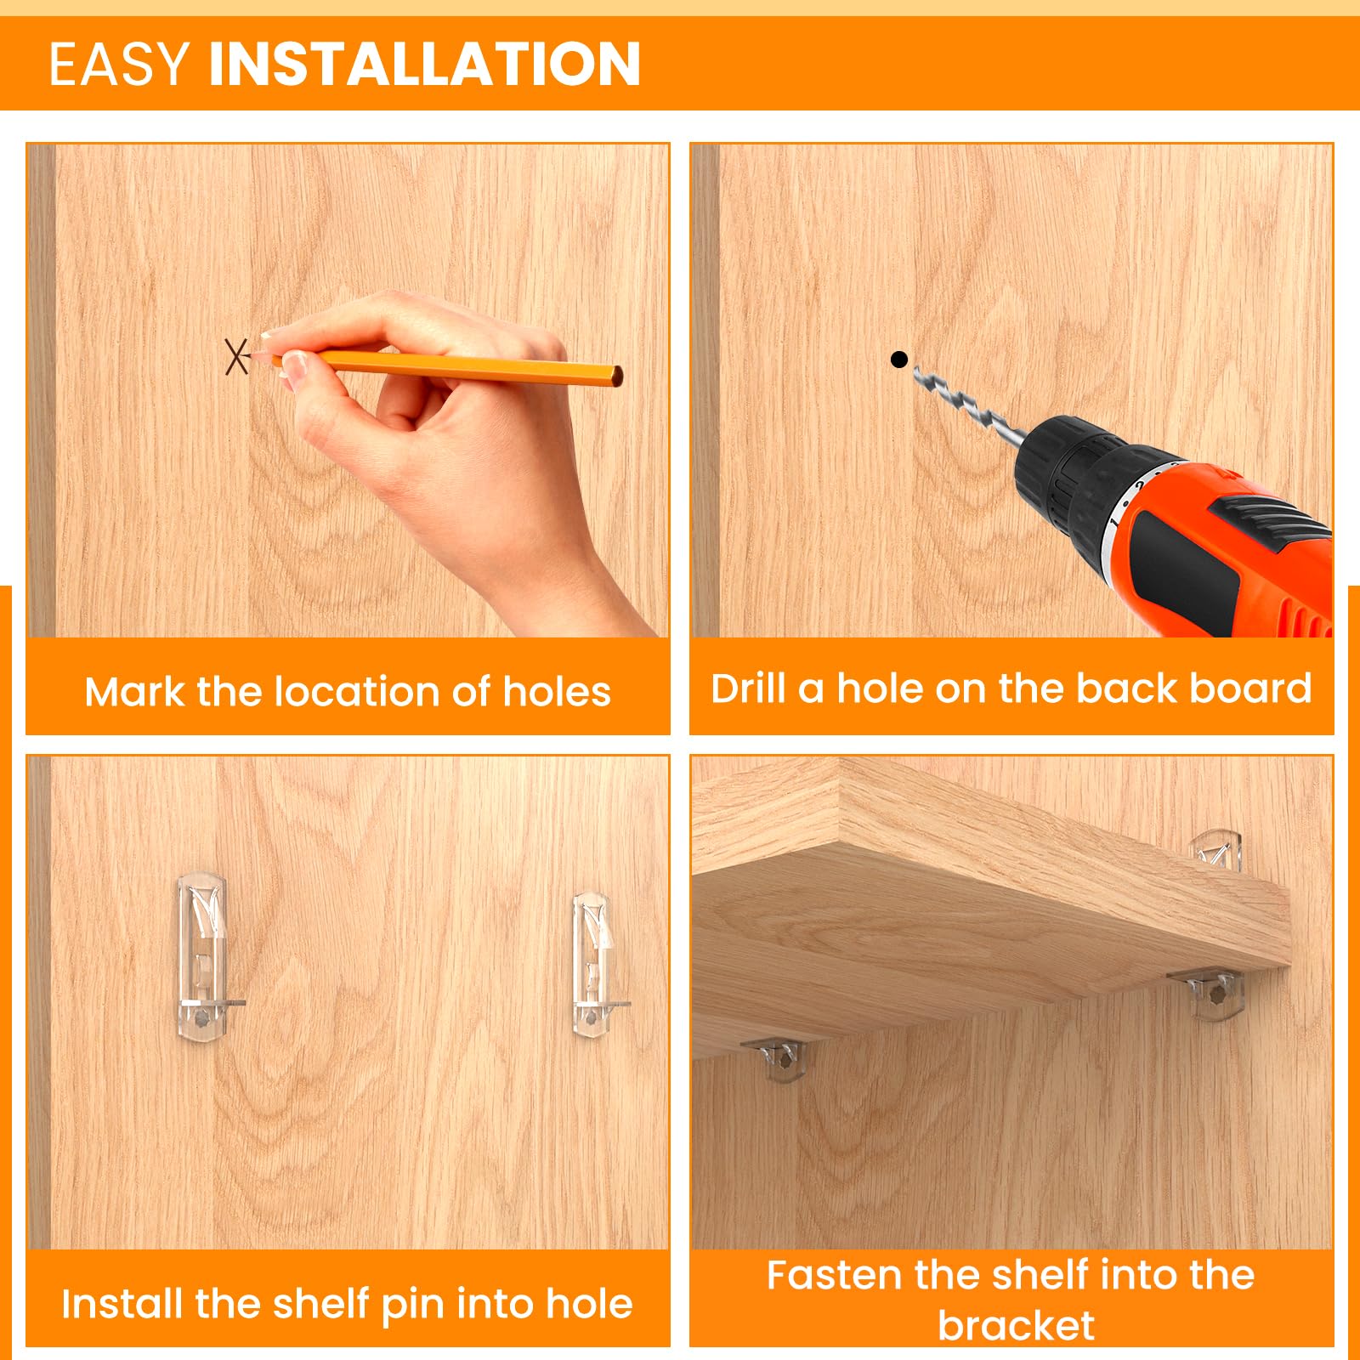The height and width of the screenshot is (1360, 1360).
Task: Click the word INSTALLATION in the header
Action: click(424, 65)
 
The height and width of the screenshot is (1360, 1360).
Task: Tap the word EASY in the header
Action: click(119, 65)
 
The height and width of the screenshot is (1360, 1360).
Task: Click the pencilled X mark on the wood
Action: click(237, 356)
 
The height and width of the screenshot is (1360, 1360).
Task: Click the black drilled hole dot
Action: click(899, 360)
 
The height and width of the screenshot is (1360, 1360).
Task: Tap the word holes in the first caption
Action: click(557, 692)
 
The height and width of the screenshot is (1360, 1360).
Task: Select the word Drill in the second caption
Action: click(749, 688)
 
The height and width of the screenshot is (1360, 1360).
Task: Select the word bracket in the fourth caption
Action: click(1017, 1326)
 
